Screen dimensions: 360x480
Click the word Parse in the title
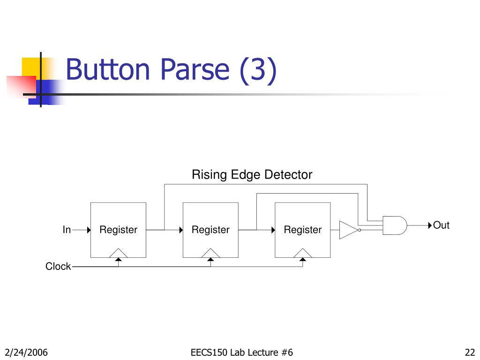click(x=195, y=70)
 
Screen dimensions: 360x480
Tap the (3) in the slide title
click(x=258, y=70)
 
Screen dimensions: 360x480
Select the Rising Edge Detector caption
click(x=252, y=175)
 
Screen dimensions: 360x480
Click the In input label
click(x=67, y=230)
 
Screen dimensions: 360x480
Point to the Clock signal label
click(x=58, y=266)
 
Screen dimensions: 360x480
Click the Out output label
click(x=441, y=225)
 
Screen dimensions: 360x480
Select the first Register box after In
click(x=118, y=230)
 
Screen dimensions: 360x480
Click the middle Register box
click(x=210, y=230)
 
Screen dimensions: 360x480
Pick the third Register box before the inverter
click(x=303, y=230)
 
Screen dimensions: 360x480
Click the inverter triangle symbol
click(x=348, y=230)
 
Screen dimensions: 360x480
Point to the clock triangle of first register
click(x=118, y=254)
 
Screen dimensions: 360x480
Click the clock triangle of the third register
click(x=303, y=254)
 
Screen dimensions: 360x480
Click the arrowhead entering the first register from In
click(x=88, y=230)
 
